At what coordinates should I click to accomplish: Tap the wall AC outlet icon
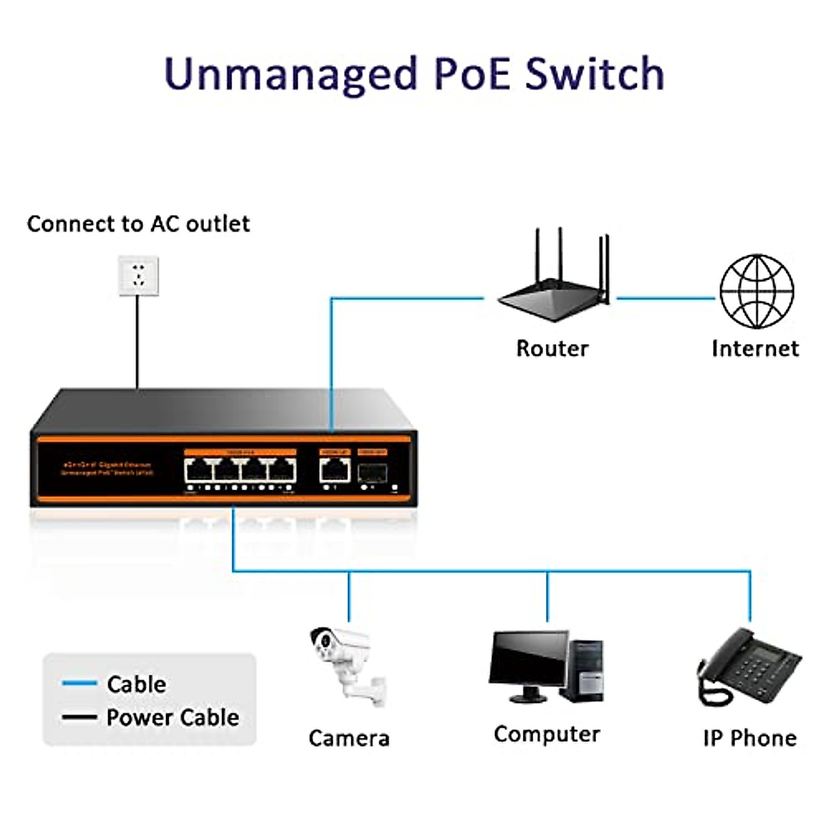point(139,276)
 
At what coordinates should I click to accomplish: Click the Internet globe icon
point(757,292)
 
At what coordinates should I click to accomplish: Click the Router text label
point(552,348)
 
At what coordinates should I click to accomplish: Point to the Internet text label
point(755,348)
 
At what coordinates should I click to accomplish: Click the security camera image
point(345,665)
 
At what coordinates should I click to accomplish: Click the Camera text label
point(349,738)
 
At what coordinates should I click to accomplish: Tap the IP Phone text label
point(750,738)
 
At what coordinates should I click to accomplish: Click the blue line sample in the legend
point(79,684)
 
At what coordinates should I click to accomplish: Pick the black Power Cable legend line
point(79,717)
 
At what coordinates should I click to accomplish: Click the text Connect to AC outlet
point(138,224)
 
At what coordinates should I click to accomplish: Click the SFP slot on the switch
point(371,472)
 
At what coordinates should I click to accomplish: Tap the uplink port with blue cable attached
point(334,471)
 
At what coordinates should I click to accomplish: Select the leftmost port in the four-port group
point(198,471)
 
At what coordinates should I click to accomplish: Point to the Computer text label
point(547,735)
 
